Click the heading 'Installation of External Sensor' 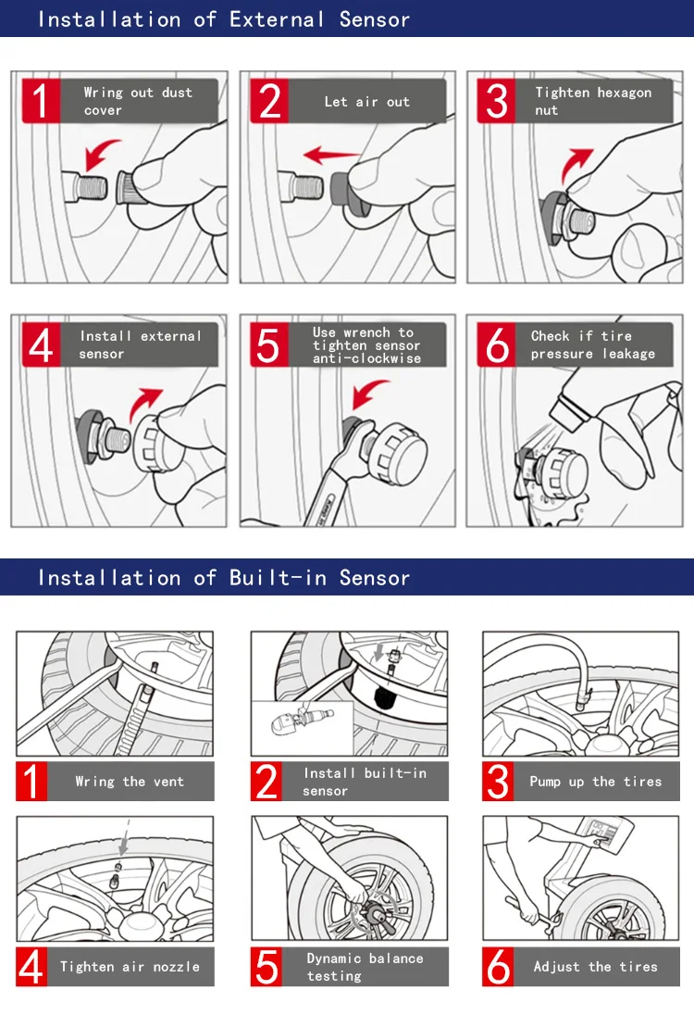[x=223, y=19]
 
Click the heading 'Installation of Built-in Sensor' [x=223, y=578]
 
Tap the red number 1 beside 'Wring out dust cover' [x=37, y=102]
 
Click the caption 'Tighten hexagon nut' [x=592, y=101]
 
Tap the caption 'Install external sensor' [x=140, y=345]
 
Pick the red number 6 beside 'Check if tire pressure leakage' [x=498, y=345]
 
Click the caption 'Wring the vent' [x=130, y=782]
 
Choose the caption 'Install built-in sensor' [x=365, y=782]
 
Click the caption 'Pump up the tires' [x=595, y=782]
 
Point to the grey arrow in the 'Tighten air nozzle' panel [x=123, y=842]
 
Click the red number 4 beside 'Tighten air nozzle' [x=31, y=967]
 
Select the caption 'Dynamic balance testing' [x=365, y=967]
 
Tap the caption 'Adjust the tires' [x=595, y=967]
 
